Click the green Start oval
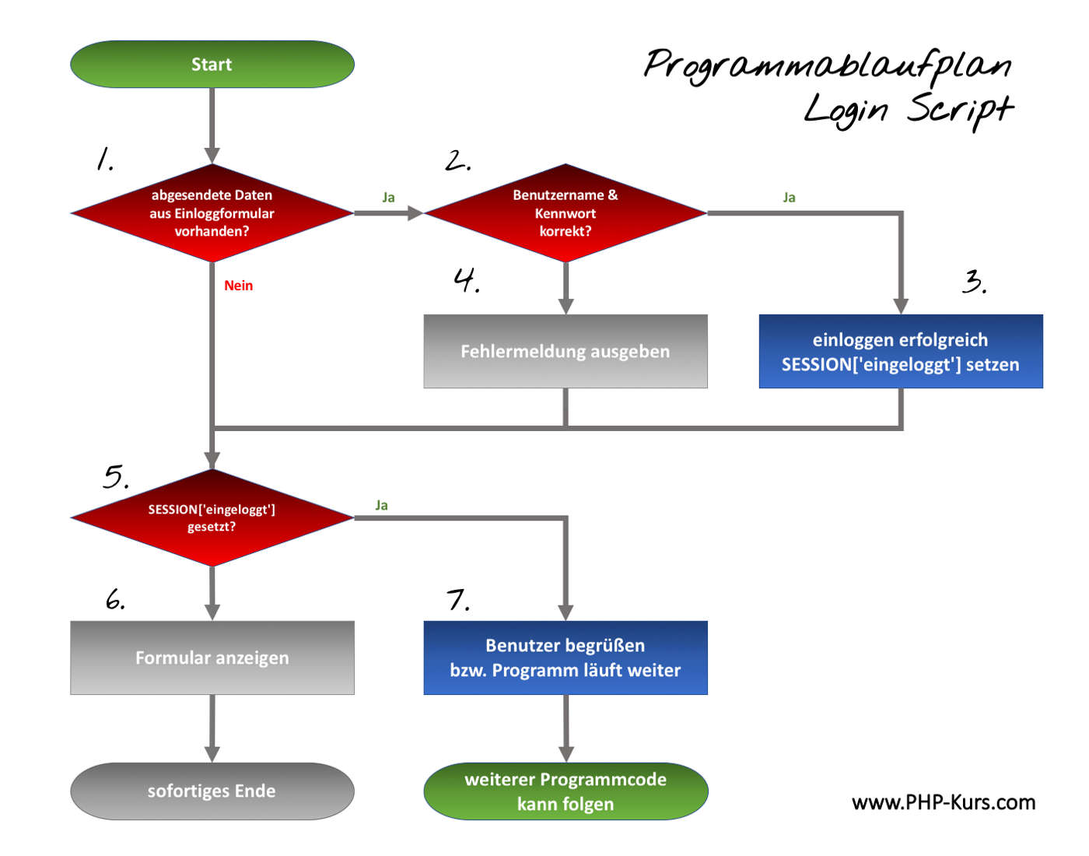click(212, 65)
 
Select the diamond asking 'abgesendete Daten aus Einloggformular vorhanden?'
click(212, 212)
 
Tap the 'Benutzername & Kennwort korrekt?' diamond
click(566, 212)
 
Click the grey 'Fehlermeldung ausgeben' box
click(566, 351)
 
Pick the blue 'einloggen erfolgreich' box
click(900, 351)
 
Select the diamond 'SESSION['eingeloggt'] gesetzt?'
click(212, 517)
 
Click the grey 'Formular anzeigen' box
click(212, 658)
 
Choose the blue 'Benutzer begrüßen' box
click(566, 658)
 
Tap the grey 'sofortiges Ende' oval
click(212, 791)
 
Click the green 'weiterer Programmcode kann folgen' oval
click(566, 791)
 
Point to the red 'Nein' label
click(238, 286)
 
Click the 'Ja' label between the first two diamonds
click(388, 198)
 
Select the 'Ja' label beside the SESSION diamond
click(381, 505)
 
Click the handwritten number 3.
click(973, 281)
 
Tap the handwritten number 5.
click(114, 476)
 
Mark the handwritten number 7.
click(457, 600)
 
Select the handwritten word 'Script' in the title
click(960, 110)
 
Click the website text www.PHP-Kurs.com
click(943, 802)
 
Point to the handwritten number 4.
click(466, 279)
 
